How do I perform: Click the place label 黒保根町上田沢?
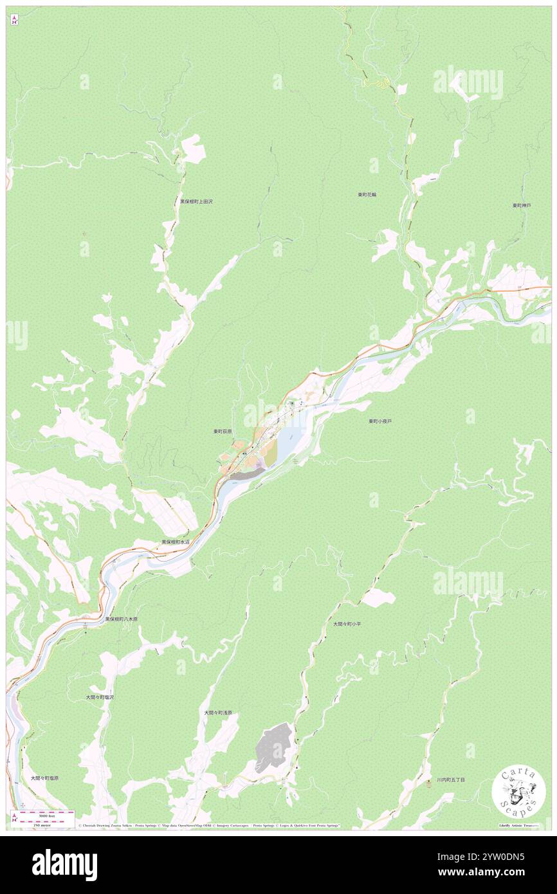196,201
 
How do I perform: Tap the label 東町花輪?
367,194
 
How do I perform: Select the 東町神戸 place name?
522,205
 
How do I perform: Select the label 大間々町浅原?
218,713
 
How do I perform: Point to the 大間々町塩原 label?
44,778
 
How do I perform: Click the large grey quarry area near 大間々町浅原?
274,746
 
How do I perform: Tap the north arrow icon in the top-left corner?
14,19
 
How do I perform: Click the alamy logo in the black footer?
64,864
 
